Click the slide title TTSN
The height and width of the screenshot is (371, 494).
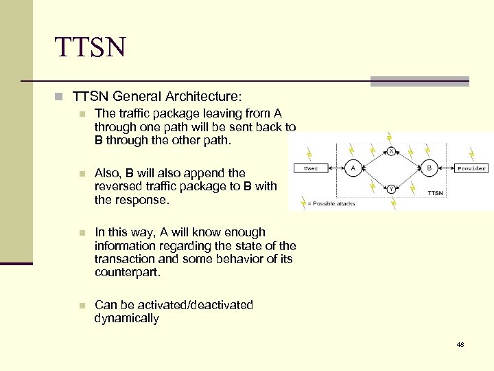tap(91, 48)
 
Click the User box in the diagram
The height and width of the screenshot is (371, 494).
tap(311, 168)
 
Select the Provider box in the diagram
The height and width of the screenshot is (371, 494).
tap(471, 168)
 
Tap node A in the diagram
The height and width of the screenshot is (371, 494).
tap(353, 168)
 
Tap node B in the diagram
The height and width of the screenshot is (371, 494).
tap(429, 168)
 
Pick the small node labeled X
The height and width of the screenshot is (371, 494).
tap(390, 150)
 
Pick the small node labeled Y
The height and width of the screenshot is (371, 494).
tap(390, 187)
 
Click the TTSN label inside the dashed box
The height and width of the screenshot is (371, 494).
tap(435, 193)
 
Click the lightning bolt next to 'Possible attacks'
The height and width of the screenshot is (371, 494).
tap(303, 202)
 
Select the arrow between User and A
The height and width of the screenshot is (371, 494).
tap(333, 168)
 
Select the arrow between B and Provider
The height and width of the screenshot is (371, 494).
tap(447, 168)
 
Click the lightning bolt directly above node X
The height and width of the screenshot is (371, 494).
tap(389, 137)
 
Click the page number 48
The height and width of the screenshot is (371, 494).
tap(460, 344)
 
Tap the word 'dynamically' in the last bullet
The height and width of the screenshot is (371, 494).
tap(127, 319)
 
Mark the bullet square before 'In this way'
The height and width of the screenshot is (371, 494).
tap(82, 233)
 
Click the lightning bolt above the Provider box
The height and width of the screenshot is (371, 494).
tap(472, 153)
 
